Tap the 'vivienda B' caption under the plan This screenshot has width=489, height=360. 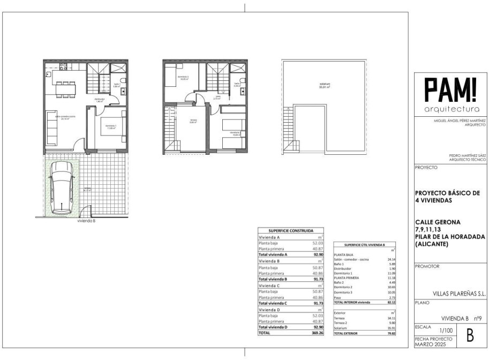(86, 220)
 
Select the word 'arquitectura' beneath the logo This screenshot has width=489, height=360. (450, 109)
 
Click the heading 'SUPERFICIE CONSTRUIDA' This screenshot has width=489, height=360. (291, 230)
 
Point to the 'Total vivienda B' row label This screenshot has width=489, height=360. (273, 279)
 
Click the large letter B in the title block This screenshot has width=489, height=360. (470, 336)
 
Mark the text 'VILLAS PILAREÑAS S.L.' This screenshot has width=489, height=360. (460, 293)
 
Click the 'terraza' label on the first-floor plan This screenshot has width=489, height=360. (193, 121)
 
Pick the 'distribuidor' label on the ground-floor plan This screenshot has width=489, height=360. (100, 100)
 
